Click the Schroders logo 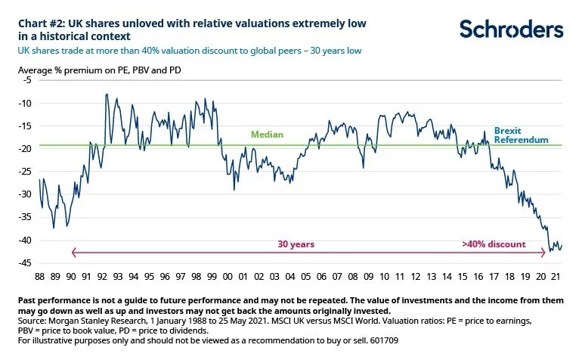pyautogui.click(x=512, y=29)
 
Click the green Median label pyautogui.click(x=267, y=135)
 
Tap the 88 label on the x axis pyautogui.click(x=40, y=277)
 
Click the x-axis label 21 pyautogui.click(x=556, y=277)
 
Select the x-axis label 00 pyautogui.click(x=228, y=277)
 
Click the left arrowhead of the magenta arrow pyautogui.click(x=73, y=253)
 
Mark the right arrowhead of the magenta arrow pyautogui.click(x=546, y=253)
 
